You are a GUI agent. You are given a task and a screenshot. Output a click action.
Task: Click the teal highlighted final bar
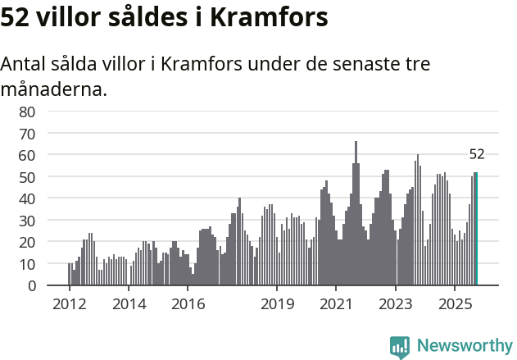(476, 229)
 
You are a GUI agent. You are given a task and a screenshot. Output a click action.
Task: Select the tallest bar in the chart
(356, 213)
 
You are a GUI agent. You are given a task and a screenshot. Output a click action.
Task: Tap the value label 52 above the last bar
(477, 154)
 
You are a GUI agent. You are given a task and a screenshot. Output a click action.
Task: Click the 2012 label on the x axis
(69, 304)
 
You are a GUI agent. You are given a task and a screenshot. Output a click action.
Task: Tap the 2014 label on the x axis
(129, 304)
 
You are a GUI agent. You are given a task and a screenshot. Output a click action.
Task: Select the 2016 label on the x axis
(188, 304)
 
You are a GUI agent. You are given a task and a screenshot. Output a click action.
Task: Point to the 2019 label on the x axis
(277, 304)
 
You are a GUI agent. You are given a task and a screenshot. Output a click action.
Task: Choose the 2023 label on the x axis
(396, 304)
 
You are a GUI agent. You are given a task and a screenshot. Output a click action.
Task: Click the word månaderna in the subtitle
(54, 89)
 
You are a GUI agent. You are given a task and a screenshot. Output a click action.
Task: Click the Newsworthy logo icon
(399, 346)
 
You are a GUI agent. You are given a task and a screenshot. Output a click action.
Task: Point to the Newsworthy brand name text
(464, 346)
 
